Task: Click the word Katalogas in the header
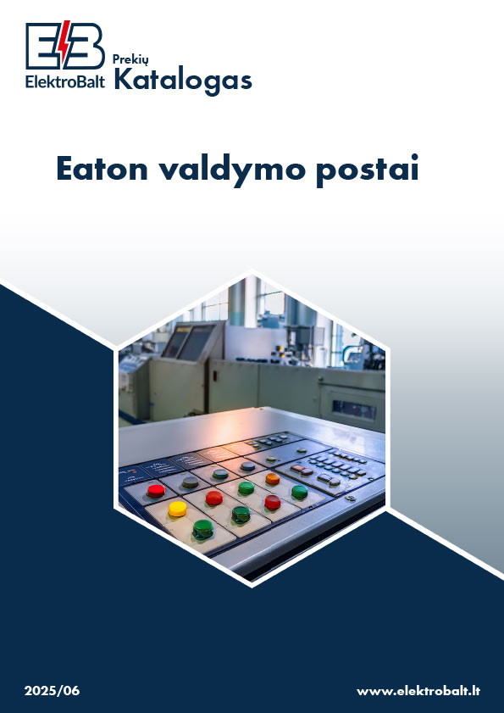click(183, 81)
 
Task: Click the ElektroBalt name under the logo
click(65, 81)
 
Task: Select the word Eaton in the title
click(102, 169)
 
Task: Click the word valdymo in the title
click(232, 171)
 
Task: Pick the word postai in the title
click(368, 171)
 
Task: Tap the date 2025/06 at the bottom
click(52, 691)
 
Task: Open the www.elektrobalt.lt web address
click(418, 691)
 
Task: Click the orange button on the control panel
click(273, 478)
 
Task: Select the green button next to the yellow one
click(202, 529)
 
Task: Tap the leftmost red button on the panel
click(156, 491)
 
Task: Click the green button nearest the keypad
click(300, 492)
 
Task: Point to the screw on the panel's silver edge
click(350, 499)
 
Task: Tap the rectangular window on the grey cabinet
click(354, 410)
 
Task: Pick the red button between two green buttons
click(273, 502)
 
